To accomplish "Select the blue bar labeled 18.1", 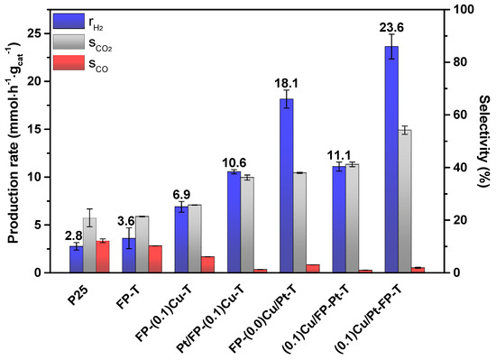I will click(x=286, y=186).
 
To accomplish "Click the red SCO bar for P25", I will click(x=103, y=256).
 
